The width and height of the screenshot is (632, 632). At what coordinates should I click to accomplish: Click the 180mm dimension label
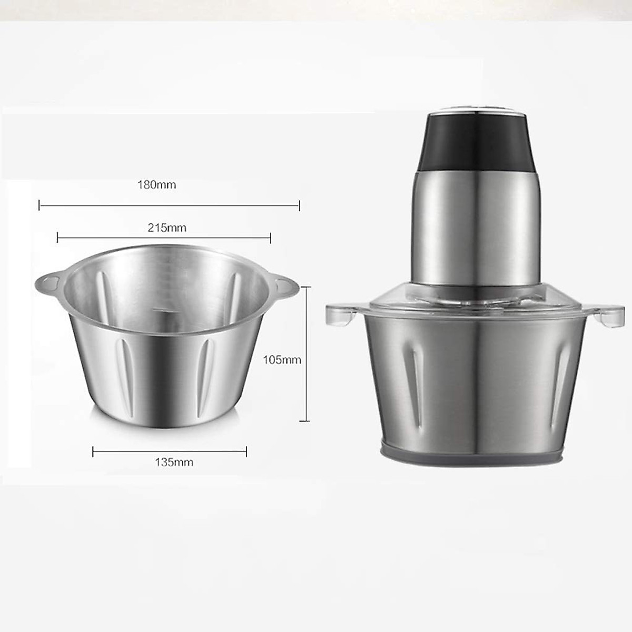156,185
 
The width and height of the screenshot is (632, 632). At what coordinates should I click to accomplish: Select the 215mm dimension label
167,228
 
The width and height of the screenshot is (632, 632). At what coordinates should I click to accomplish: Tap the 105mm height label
282,360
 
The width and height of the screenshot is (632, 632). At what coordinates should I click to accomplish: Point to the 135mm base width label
174,462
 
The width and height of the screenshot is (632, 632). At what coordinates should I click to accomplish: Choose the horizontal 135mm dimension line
169,451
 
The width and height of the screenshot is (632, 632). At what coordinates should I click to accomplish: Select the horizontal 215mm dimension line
163,239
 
